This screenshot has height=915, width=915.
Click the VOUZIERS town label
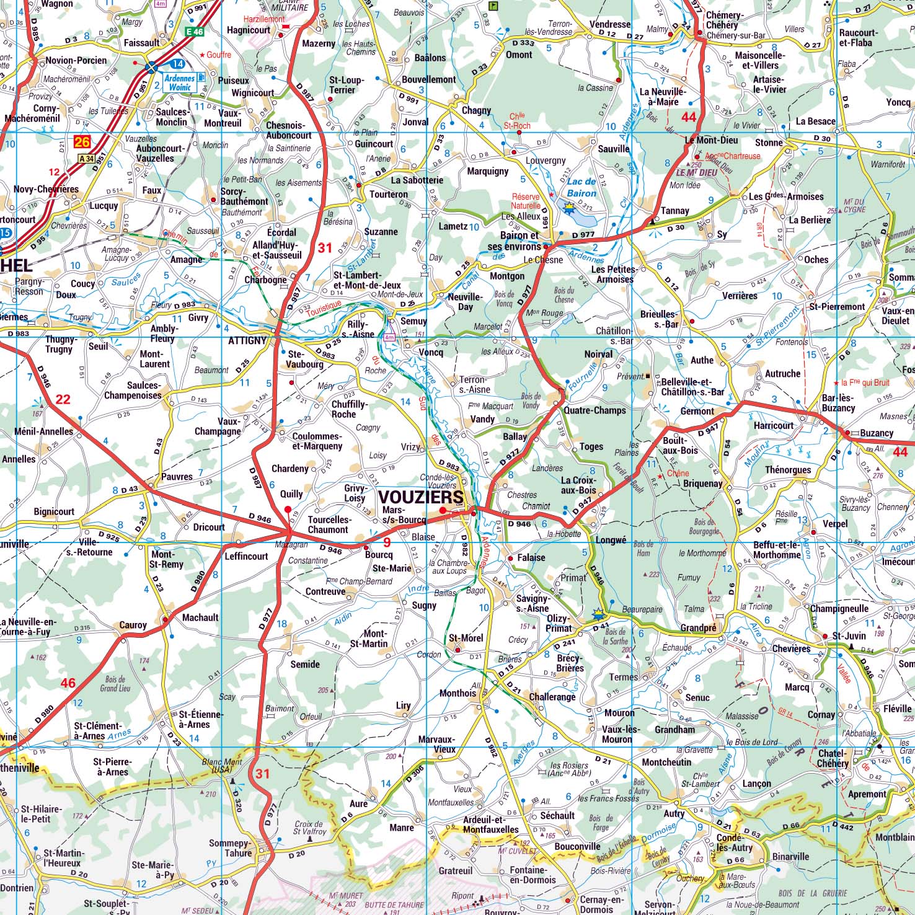tap(420, 497)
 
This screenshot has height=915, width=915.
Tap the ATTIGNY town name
tap(247, 340)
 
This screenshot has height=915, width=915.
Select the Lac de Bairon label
tap(581, 187)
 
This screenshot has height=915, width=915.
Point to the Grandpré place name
tap(698, 628)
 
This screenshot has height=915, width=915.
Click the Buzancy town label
tap(877, 433)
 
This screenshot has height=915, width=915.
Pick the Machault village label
tap(200, 617)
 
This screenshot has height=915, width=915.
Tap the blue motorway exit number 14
tap(177, 64)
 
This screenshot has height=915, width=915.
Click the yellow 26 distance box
tap(82, 143)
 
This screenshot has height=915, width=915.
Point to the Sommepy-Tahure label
tap(230, 848)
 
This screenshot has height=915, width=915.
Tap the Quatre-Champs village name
tap(595, 410)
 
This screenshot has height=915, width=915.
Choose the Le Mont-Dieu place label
tap(711, 140)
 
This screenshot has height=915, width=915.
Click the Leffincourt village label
tap(246, 556)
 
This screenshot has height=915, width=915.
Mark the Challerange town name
tap(552, 697)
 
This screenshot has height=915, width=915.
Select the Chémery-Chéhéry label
tap(724, 20)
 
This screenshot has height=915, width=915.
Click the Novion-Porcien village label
tap(76, 60)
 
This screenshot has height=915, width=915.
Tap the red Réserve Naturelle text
tap(526, 201)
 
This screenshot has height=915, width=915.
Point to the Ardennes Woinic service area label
tap(179, 82)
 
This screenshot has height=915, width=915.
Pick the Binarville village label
tap(790, 857)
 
